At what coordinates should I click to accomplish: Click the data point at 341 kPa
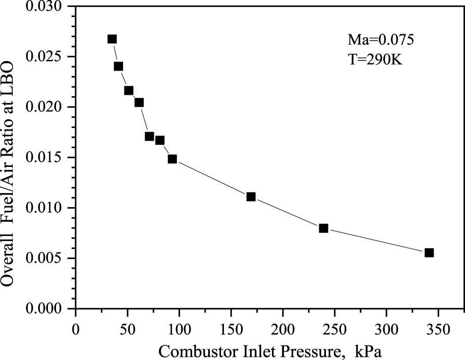tap(429, 253)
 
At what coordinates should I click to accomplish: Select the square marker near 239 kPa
tap(323, 228)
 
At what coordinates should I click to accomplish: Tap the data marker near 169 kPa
tap(251, 197)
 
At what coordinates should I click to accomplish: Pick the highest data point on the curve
tap(112, 39)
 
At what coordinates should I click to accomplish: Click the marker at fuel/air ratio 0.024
tap(119, 67)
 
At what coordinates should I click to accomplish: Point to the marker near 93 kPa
tap(172, 159)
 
